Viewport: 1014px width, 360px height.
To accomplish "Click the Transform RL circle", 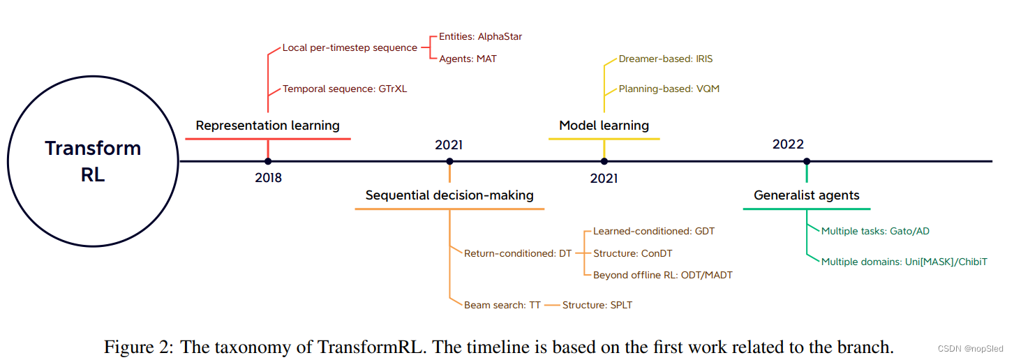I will coord(93,161).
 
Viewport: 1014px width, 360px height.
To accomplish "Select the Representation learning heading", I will coord(267,126).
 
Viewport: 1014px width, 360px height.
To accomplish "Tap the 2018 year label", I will coord(268,178).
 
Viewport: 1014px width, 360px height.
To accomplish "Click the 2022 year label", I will coord(788,144).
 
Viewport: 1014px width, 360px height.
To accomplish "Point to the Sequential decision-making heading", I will coord(449,195).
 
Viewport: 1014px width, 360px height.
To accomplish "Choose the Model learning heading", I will coord(604,126).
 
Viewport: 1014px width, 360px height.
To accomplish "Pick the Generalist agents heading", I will coord(806,195).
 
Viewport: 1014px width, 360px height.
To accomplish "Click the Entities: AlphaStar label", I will coord(480,36).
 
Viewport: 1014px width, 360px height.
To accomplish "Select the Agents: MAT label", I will coord(468,59).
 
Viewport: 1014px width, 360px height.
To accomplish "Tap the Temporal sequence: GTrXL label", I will coord(344,89).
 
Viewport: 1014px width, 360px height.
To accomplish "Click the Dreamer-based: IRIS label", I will coord(665,59).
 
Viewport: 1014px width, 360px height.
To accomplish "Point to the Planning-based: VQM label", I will coord(669,89).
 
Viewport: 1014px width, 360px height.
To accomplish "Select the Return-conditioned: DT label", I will coord(518,253).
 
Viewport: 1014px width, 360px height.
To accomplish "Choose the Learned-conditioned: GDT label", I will coord(654,231).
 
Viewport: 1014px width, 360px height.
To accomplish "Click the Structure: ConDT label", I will coord(632,253).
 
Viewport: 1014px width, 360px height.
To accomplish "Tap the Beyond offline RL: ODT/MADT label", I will coord(662,275).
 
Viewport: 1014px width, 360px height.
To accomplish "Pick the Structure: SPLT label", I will coord(597,305).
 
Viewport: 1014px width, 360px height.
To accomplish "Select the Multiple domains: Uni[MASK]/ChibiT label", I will coord(904,262).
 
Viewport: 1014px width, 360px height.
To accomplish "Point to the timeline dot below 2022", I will coord(807,161).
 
